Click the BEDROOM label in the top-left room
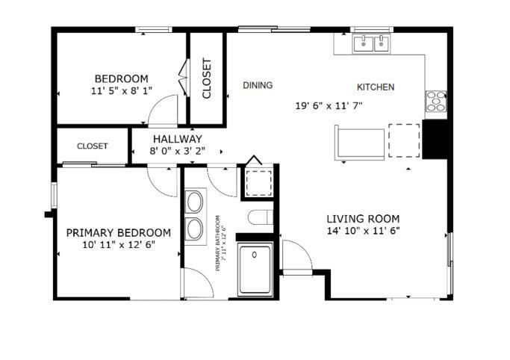coord(121,78)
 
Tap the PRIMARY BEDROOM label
coord(118,232)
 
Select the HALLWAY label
coord(177,139)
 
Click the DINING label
coord(258,85)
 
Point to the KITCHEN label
coord(376,87)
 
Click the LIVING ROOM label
coord(363,218)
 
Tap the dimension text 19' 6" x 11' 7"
coord(329,105)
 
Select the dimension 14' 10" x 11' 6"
coord(363,231)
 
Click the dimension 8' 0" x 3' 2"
coord(177,151)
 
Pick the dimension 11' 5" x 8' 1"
coord(121,90)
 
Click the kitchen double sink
coord(372,43)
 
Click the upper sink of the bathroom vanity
coord(195,202)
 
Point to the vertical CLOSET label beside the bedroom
coord(207,79)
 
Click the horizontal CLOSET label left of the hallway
coord(93,146)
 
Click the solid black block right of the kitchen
coord(435,139)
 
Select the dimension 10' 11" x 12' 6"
coord(118,244)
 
